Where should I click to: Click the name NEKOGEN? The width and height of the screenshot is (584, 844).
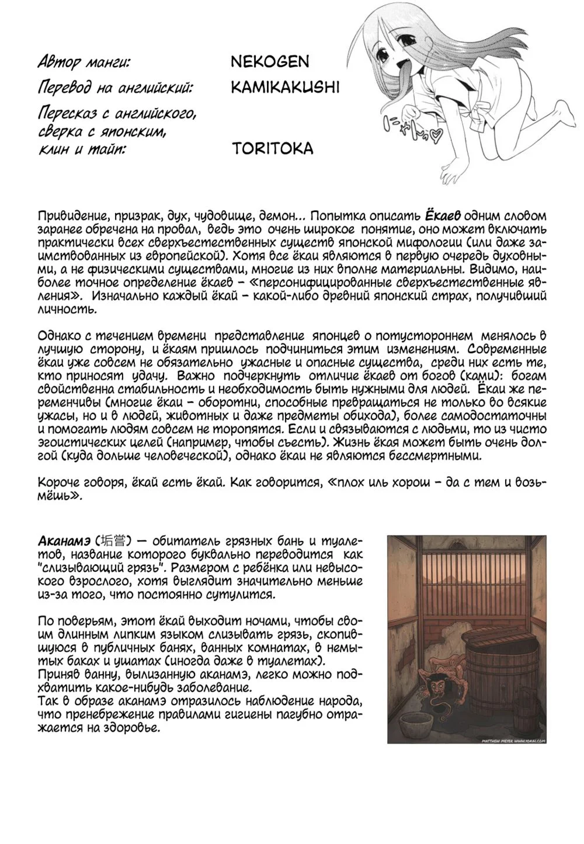(270, 61)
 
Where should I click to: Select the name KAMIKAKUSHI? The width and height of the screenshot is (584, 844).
(285, 88)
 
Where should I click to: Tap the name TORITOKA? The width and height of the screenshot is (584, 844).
(272, 148)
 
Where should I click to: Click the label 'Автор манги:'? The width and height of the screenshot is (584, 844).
(84, 62)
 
